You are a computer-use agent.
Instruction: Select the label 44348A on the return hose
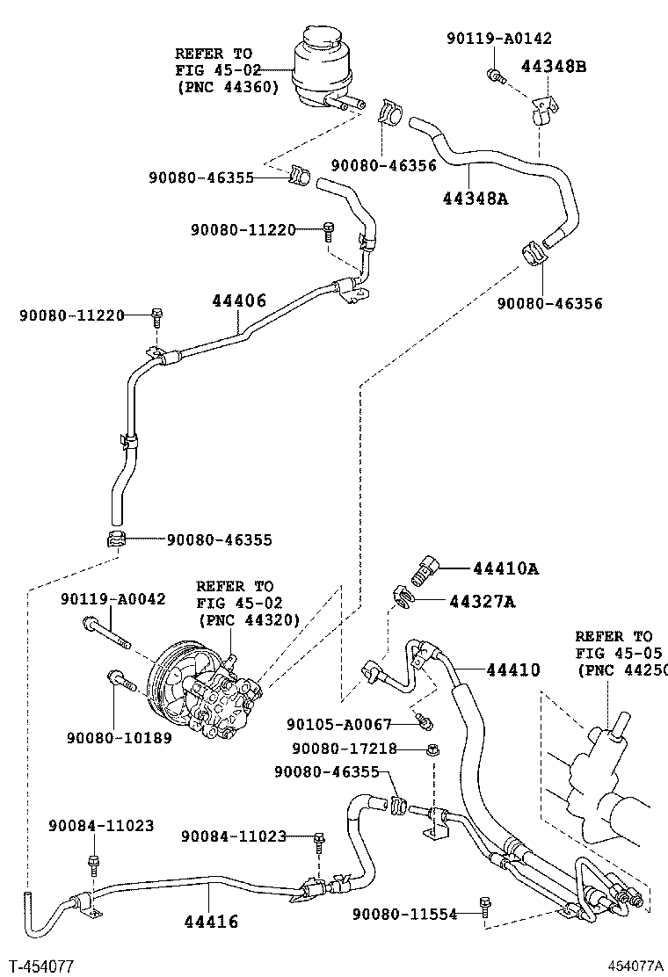[475, 198]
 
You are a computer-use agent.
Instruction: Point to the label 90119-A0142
[500, 37]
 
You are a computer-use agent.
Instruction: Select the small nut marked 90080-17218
[432, 749]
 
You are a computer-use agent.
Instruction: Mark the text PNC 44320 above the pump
[249, 619]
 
